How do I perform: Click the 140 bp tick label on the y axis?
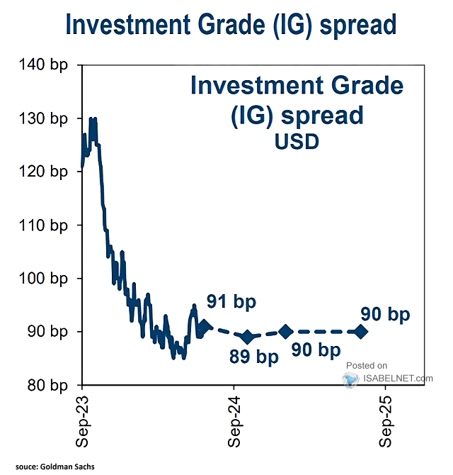(43, 65)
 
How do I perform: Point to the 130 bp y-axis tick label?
(43, 118)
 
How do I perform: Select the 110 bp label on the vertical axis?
(43, 225)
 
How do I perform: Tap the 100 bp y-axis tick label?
(43, 278)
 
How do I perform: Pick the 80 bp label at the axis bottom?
(47, 385)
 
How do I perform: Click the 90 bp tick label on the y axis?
(47, 331)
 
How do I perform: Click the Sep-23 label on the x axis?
(82, 421)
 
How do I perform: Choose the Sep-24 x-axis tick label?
(234, 421)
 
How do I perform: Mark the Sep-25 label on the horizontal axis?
(386, 421)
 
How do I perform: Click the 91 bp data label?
(231, 302)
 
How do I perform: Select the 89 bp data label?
(254, 356)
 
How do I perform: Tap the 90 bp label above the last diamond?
(385, 314)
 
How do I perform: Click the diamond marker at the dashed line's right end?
(361, 332)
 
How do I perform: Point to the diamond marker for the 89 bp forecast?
(248, 337)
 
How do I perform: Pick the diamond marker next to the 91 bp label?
(204, 327)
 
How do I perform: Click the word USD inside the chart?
(297, 142)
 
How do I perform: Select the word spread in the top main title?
(358, 25)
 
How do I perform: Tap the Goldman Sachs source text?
(67, 466)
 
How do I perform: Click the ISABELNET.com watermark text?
(398, 378)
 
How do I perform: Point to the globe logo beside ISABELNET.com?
(351, 380)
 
